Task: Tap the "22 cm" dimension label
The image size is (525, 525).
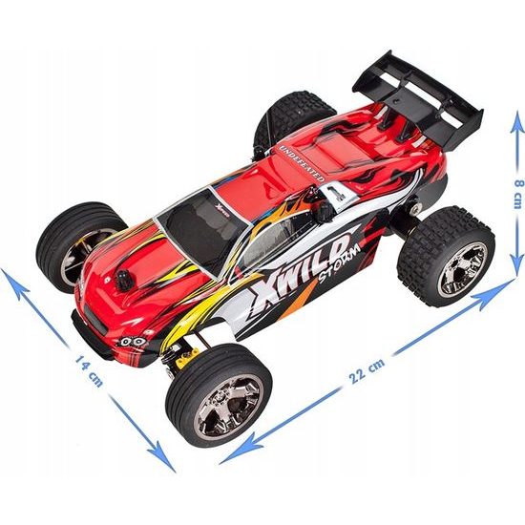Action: [367, 371]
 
